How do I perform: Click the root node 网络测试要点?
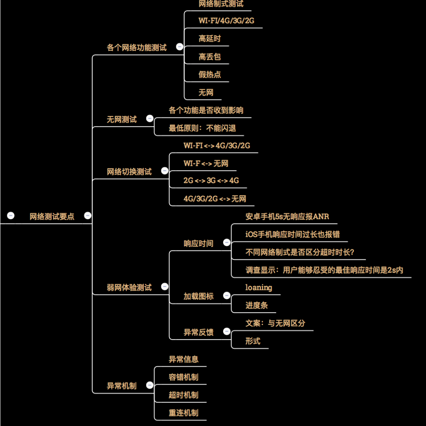pyautogui.click(x=52, y=216)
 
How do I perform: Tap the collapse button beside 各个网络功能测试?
pyautogui.click(x=180, y=47)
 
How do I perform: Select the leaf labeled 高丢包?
pyautogui.click(x=209, y=57)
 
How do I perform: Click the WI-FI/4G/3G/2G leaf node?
pyautogui.click(x=226, y=21)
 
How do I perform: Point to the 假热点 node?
pyautogui.click(x=209, y=74)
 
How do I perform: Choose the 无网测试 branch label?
pyautogui.click(x=122, y=119)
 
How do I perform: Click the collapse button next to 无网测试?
pyautogui.click(x=150, y=118)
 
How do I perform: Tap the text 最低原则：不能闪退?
pyautogui.click(x=202, y=128)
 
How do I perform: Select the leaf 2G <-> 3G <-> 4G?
pyautogui.click(x=211, y=181)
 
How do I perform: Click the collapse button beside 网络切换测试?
pyautogui.click(x=165, y=171)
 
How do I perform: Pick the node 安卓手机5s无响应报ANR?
pyautogui.click(x=287, y=216)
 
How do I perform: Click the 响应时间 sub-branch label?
pyautogui.click(x=199, y=243)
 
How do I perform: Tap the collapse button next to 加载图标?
pyautogui.click(x=227, y=296)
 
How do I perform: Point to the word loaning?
pyautogui.click(x=258, y=287)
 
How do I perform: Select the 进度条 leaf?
pyautogui.click(x=256, y=305)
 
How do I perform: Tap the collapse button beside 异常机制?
pyautogui.click(x=150, y=385)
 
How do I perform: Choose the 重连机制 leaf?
pyautogui.click(x=183, y=413)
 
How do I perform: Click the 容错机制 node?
pyautogui.click(x=183, y=377)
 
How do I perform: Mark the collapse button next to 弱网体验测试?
pyautogui.click(x=165, y=286)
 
